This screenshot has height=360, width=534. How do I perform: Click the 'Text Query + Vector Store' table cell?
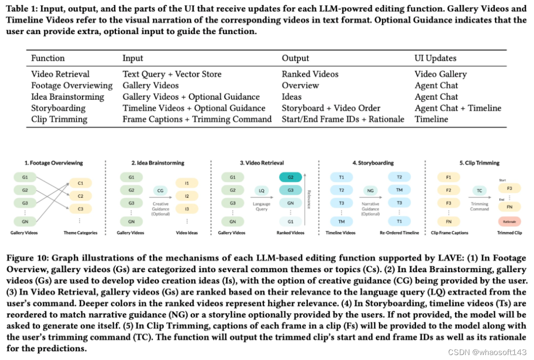click(x=172, y=74)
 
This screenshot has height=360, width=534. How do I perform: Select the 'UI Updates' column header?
click(x=435, y=58)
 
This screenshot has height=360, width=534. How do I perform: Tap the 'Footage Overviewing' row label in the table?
click(x=65, y=85)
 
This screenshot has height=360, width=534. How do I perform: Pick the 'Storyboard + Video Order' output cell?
click(x=331, y=108)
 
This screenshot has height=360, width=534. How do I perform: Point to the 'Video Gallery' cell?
click(x=440, y=74)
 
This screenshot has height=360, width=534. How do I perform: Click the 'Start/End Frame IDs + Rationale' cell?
click(x=343, y=119)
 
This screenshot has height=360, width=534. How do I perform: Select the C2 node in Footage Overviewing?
click(x=80, y=196)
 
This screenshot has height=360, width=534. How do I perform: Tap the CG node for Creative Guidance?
click(x=160, y=190)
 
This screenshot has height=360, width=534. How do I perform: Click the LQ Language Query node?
click(x=261, y=190)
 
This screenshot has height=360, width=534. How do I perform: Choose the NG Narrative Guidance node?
click(x=370, y=190)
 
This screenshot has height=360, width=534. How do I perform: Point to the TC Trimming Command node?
click(x=479, y=190)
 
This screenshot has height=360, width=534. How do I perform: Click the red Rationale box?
click(x=509, y=221)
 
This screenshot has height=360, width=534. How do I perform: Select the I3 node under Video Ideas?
click(x=187, y=209)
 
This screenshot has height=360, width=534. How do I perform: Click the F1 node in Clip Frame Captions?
click(x=448, y=177)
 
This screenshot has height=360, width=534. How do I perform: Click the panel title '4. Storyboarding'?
click(x=373, y=163)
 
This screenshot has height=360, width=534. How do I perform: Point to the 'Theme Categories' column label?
click(x=80, y=233)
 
